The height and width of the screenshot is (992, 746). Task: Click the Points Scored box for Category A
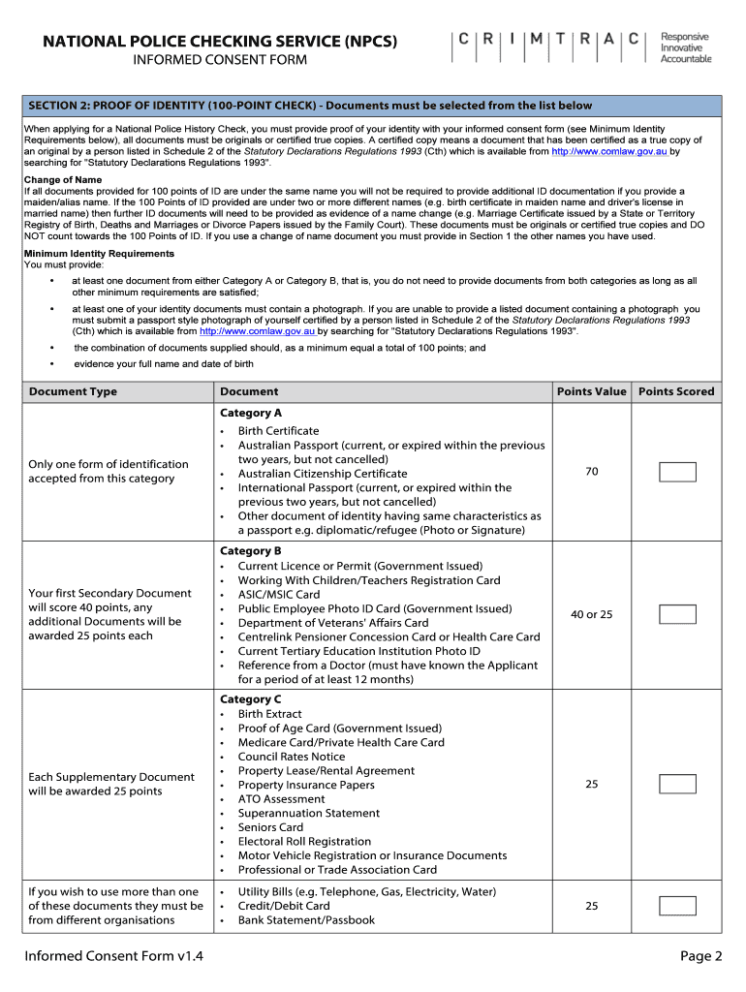pyautogui.click(x=677, y=472)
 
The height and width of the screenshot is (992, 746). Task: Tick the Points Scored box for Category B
pyautogui.click(x=677, y=614)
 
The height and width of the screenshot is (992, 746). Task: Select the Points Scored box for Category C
pyautogui.click(x=677, y=784)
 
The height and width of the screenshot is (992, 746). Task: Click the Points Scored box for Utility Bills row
pyautogui.click(x=677, y=906)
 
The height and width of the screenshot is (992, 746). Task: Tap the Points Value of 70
pyautogui.click(x=591, y=472)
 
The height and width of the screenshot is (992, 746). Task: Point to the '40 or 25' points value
pyautogui.click(x=591, y=615)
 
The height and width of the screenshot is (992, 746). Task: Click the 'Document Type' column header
pyautogui.click(x=73, y=391)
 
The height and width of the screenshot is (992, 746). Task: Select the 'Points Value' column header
pyautogui.click(x=591, y=391)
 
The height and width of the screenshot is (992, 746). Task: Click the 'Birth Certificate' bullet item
pyautogui.click(x=278, y=431)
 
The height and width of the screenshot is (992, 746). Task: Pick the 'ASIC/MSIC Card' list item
pyautogui.click(x=279, y=595)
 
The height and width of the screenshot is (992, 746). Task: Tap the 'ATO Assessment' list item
pyautogui.click(x=281, y=799)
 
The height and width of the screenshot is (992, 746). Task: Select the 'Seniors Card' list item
pyautogui.click(x=270, y=827)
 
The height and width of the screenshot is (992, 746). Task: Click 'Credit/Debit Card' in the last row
pyautogui.click(x=284, y=906)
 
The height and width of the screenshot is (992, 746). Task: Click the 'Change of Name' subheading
pyautogui.click(x=62, y=180)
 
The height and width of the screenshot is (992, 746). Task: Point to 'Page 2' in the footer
pyautogui.click(x=700, y=956)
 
